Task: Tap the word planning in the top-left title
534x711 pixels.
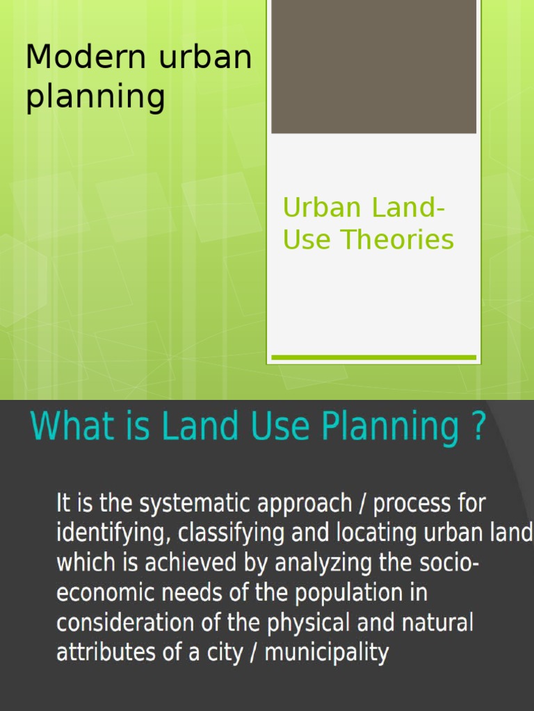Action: click(x=95, y=97)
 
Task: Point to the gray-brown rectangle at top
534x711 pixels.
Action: click(x=373, y=66)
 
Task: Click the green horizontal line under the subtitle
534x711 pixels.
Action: click(x=373, y=358)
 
